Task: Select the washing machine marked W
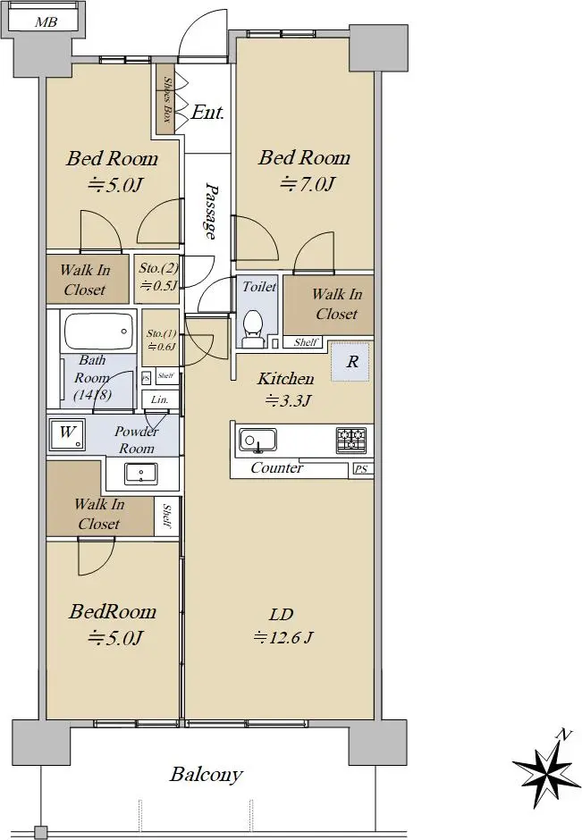pos(67,434)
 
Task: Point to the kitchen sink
pos(257,441)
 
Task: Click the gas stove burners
pos(351,440)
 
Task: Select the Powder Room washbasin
pos(141,474)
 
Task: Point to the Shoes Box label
pos(167,100)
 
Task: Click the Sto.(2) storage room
pos(156,279)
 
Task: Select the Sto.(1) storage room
pos(161,339)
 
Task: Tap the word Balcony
pos(207,775)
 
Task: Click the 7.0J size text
pos(308,184)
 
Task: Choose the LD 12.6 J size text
pos(283,626)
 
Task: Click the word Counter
pos(277,468)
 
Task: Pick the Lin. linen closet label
pos(160,400)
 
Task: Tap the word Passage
pos(211,211)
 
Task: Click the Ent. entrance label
pos(207,113)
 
